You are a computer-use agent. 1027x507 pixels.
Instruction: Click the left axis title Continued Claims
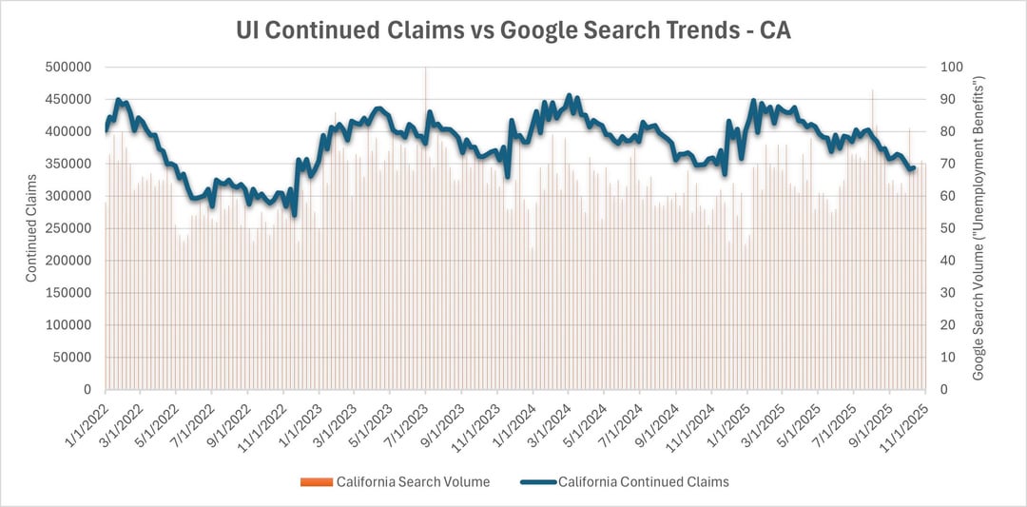pos(30,228)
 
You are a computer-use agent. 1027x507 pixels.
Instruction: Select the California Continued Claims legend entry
pos(643,482)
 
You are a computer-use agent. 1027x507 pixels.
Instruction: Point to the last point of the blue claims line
pos(914,167)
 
